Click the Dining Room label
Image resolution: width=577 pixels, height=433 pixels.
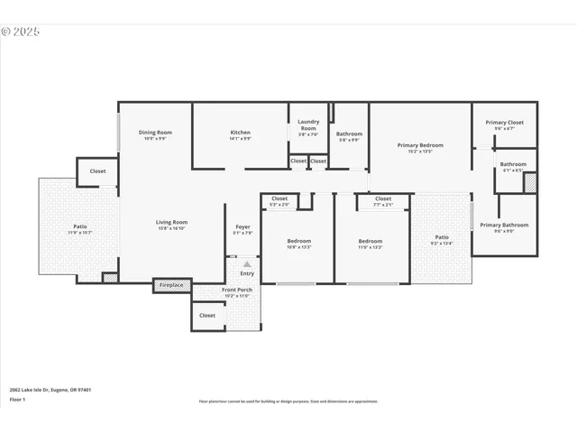coord(154,133)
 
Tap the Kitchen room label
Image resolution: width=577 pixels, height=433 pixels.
coord(240,133)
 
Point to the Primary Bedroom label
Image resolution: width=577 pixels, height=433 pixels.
coord(420,144)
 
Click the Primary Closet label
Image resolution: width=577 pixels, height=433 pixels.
coord(504,123)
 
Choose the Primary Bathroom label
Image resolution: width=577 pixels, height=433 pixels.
coord(504,225)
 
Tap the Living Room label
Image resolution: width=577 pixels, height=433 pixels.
coord(171,222)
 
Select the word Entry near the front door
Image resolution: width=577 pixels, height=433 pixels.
coord(247,273)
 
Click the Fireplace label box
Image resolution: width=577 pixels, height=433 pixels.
coord(171,285)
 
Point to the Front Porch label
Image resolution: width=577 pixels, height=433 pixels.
coord(237,290)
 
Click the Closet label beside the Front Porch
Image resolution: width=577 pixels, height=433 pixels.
coord(207,315)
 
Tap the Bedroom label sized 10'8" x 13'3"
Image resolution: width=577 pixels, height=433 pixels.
coord(298,241)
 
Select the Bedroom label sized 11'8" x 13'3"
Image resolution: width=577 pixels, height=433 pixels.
coord(371,241)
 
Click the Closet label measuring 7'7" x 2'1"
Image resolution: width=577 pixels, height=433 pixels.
coord(383,198)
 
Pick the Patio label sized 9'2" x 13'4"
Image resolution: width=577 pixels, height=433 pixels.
coord(442,237)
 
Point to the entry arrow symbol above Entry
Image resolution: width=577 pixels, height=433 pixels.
coord(247,264)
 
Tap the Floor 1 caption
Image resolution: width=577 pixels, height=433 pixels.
coord(17,399)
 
